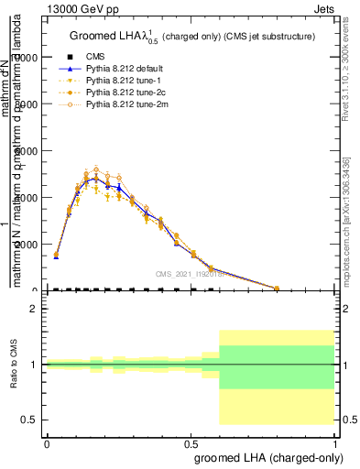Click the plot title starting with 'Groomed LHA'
(x=192, y=36)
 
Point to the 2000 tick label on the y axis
(x=28, y=245)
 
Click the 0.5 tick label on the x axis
(x=191, y=444)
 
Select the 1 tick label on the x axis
(x=336, y=444)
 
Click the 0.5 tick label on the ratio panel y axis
(x=28, y=420)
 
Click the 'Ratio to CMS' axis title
(x=14, y=365)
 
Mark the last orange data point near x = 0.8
(x=277, y=288)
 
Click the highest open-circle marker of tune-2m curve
(x=96, y=169)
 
